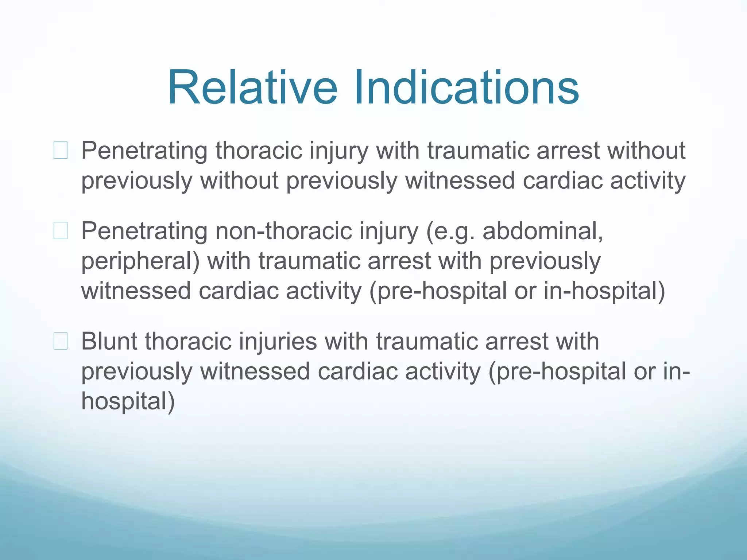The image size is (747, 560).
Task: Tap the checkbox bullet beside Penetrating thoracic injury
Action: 61,151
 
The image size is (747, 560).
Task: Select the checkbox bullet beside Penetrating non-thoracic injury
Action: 61,231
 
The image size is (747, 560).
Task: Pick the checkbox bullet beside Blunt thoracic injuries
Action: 61,341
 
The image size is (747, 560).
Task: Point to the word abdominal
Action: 542,231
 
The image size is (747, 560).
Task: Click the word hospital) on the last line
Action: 128,401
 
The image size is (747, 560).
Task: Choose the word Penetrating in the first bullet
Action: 144,151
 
